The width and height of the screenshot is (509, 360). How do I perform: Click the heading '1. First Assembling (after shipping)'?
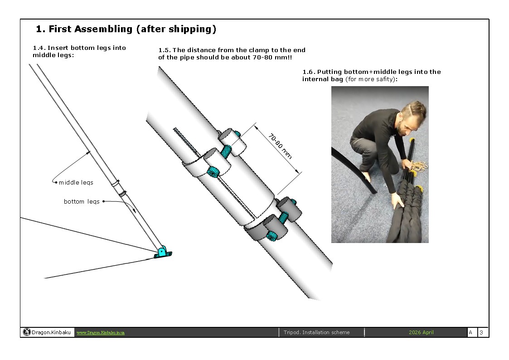[126, 29]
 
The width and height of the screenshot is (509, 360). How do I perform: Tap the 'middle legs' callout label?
[76, 183]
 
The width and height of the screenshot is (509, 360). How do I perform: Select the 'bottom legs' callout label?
[82, 202]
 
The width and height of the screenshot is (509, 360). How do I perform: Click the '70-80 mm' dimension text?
[280, 146]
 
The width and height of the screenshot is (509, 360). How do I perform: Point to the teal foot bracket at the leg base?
[162, 253]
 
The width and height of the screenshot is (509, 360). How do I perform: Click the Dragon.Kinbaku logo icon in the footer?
[27, 332]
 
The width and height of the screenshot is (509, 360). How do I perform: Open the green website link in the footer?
[101, 333]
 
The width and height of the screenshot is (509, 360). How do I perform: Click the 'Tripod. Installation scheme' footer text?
[316, 332]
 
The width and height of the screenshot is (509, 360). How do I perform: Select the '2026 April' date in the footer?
[421, 332]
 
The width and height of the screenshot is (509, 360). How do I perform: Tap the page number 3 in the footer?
[481, 333]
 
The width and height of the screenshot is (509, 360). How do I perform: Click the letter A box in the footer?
[470, 333]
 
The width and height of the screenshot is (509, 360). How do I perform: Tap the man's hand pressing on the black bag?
[397, 200]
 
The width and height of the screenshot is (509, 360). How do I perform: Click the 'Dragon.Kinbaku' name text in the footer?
[51, 333]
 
